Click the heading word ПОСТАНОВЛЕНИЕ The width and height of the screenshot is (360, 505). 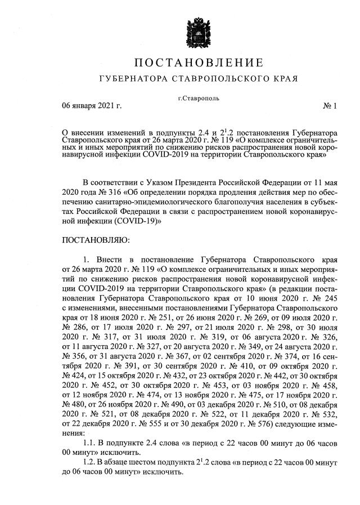click(x=199, y=61)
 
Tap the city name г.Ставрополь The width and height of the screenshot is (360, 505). click(x=199, y=99)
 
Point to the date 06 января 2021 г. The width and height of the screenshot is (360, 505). click(x=92, y=105)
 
